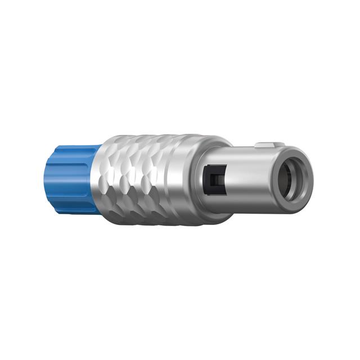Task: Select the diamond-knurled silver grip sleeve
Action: point(143,179)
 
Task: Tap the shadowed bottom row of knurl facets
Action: point(146,217)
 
